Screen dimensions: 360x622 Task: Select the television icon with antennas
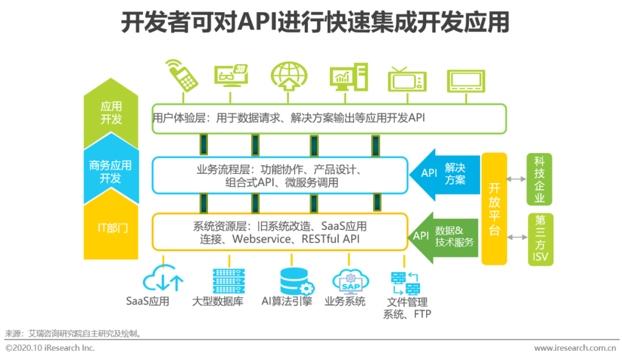[407, 78]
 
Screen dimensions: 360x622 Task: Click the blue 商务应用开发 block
[111, 172]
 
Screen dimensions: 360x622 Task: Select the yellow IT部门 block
[111, 228]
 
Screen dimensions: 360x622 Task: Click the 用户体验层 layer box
[329, 119]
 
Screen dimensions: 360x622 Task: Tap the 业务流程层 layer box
[280, 176]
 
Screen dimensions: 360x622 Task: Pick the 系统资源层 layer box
[280, 232]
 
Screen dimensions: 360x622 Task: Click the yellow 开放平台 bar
[494, 209]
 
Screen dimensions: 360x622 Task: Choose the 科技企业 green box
[540, 179]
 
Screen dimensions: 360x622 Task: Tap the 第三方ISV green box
[540, 239]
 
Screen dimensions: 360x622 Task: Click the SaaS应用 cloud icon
[163, 280]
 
